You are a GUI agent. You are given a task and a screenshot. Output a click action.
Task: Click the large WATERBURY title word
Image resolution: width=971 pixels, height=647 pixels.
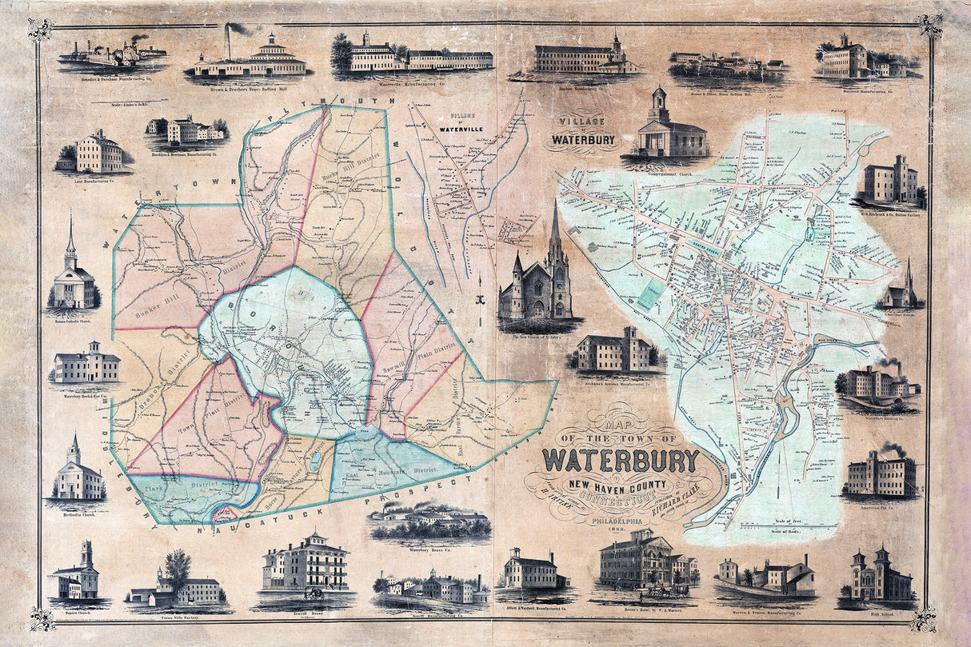point(621,460)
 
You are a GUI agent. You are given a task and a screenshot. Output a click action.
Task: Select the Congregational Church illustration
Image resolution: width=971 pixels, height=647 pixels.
point(670,128)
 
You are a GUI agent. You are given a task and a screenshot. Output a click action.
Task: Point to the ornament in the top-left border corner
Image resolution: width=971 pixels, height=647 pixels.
point(39,29)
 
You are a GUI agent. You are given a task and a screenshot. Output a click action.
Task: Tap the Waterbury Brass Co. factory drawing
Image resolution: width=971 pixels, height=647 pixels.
point(430,522)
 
